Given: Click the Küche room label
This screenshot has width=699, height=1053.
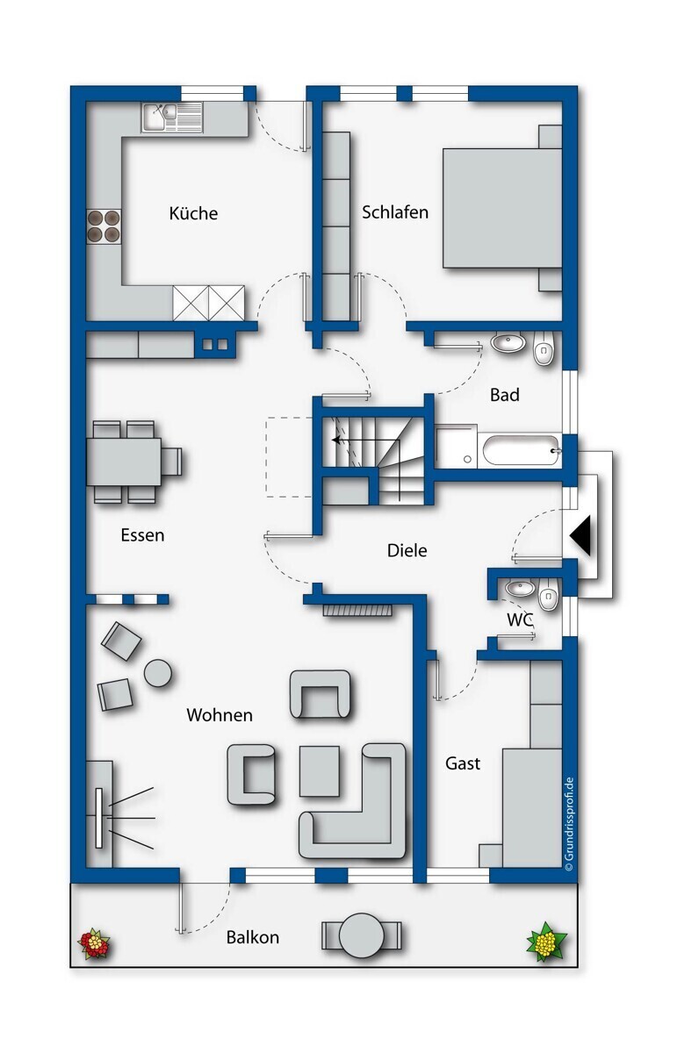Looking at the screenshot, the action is tap(193, 213).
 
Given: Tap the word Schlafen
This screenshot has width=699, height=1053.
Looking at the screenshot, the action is tap(394, 212).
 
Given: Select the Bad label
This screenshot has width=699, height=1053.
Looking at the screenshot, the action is tap(504, 394).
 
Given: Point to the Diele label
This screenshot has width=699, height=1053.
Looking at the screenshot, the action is tap(407, 550).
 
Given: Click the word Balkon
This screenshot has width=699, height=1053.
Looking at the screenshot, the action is tap(253, 937).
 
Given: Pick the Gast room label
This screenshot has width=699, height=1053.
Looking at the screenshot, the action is tap(463, 763).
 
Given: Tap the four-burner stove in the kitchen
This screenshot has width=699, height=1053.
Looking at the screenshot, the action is tap(104, 226).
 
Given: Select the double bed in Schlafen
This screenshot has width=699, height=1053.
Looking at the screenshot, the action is tap(502, 208).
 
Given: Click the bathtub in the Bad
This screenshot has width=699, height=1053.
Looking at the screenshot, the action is tap(521, 450).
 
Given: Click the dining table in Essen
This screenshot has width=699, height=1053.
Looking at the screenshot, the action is tap(124, 462).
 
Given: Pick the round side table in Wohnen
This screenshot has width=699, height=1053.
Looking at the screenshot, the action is tap(157, 673).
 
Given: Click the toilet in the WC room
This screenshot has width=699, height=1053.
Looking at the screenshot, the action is tap(548, 594).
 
